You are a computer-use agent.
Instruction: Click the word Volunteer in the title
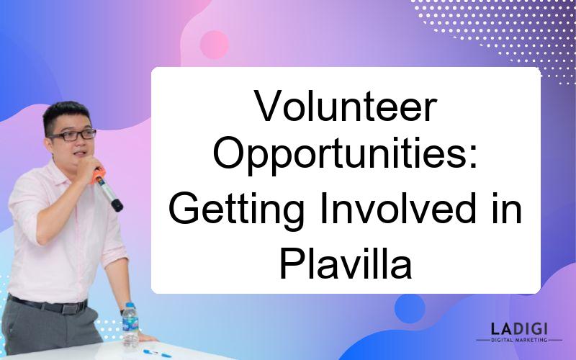(x=346, y=106)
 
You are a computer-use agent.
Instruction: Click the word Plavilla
(x=346, y=262)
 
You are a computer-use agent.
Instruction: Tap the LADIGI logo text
(x=519, y=328)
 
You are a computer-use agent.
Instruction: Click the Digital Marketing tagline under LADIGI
(x=519, y=340)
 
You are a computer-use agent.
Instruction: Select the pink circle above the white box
(x=214, y=45)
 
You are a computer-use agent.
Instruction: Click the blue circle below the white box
(x=410, y=308)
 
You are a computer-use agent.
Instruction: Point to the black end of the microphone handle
(x=117, y=205)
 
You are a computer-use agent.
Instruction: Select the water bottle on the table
(x=130, y=325)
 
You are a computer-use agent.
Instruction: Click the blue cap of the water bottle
(x=130, y=305)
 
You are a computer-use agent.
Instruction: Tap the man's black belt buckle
(x=70, y=307)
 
